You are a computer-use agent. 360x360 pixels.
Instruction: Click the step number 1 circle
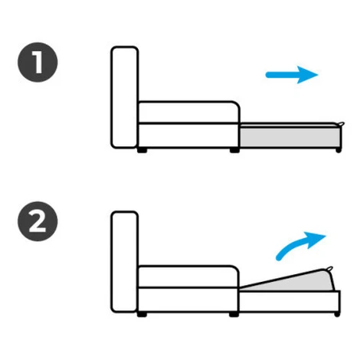(x=38, y=62)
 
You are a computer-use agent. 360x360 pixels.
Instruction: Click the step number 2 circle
(x=38, y=221)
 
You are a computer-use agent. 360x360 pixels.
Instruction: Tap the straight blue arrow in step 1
(x=292, y=75)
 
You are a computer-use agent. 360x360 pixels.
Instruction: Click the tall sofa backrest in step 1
(x=125, y=97)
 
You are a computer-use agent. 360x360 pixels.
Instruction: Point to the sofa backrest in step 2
(x=125, y=262)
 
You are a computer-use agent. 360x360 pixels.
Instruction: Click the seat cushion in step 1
(x=188, y=113)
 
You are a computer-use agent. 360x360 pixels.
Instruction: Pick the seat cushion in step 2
(x=188, y=277)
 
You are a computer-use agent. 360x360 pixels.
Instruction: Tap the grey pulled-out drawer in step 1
(x=290, y=137)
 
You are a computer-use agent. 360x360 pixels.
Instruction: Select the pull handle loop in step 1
(x=341, y=124)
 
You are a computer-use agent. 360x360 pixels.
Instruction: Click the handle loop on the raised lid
(x=329, y=269)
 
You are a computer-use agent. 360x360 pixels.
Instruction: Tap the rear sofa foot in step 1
(x=142, y=150)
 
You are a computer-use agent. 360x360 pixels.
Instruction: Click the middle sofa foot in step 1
(x=234, y=150)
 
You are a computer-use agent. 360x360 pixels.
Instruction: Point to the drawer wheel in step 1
(x=339, y=150)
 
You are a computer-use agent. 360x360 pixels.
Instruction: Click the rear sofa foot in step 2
(x=142, y=315)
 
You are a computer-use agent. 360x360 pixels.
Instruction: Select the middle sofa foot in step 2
(x=234, y=315)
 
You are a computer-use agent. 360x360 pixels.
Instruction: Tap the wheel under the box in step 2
(x=337, y=314)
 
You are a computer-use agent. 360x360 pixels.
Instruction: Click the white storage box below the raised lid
(x=290, y=301)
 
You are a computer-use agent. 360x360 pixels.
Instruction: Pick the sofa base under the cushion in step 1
(x=188, y=136)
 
